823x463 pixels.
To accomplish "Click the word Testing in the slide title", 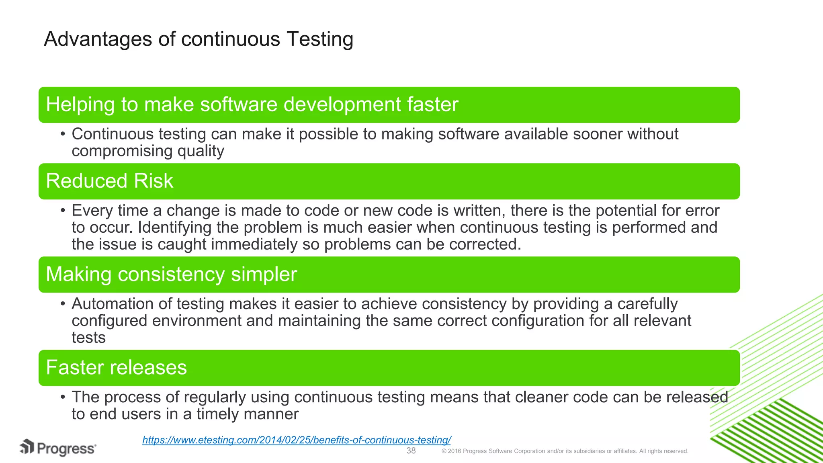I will click(320, 39).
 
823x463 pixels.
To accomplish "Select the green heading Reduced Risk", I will click(109, 181).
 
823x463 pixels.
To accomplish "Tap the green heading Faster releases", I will click(116, 367).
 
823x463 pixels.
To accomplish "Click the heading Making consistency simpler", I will click(171, 274).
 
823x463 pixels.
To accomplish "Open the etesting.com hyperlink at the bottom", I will click(297, 440).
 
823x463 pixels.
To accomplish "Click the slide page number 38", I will click(411, 451).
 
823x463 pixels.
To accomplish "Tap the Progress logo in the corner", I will click(58, 448).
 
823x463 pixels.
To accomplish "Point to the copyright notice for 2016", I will click(565, 451).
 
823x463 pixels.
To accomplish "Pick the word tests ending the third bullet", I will click(88, 338).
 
